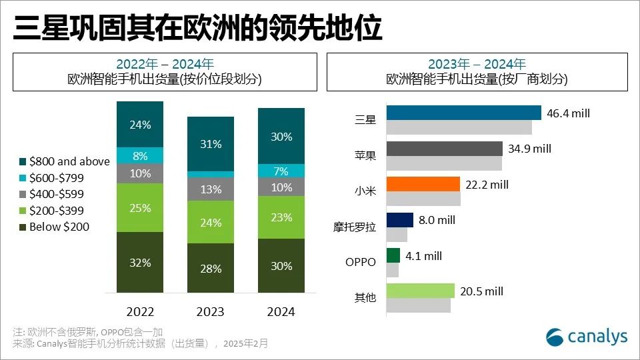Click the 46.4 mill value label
coord(569,113)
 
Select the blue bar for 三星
coord(463,113)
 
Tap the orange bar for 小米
coord(423,184)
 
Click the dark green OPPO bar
coord(393,255)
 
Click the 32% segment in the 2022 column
coord(140,262)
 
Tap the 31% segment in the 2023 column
coord(211,144)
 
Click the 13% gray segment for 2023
coord(211,189)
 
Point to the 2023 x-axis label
coord(211,311)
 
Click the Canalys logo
coord(587,337)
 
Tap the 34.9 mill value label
coord(530,149)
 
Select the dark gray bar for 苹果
coord(444,148)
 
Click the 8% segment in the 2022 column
coord(140,155)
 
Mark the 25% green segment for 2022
coord(140,207)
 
